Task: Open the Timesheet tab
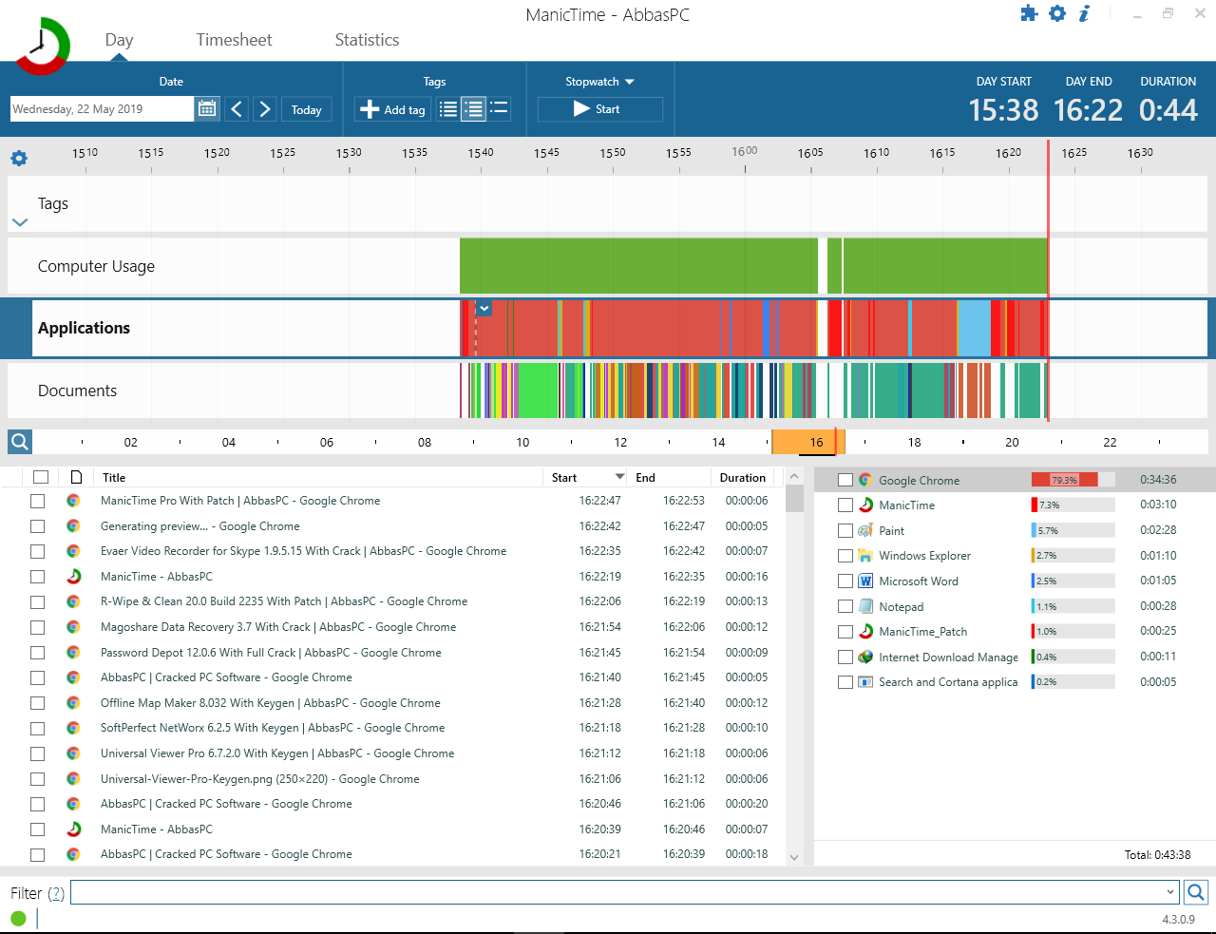tap(234, 40)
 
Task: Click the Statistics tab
tap(367, 40)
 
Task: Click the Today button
tap(306, 109)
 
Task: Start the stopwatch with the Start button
tap(599, 109)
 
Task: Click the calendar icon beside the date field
tap(207, 108)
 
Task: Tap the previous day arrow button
tap(237, 109)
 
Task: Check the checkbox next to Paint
tap(845, 530)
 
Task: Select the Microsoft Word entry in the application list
tap(918, 581)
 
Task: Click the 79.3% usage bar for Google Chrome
tap(1064, 480)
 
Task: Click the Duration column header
tap(742, 477)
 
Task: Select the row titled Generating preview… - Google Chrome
tap(199, 526)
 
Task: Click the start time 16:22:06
tap(599, 601)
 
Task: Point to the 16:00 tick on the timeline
tap(745, 168)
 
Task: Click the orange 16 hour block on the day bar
tap(808, 442)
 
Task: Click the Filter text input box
tap(624, 892)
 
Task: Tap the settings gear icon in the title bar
tap(1057, 13)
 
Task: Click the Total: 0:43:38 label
tap(1157, 854)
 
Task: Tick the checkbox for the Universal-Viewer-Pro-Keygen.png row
tap(37, 778)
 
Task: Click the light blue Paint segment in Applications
tap(975, 328)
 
